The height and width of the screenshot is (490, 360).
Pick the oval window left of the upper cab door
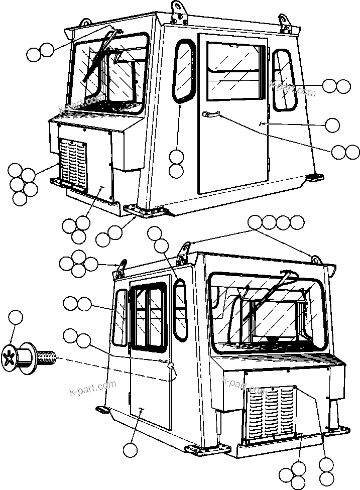point(184,70)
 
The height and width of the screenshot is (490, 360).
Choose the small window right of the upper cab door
point(284,80)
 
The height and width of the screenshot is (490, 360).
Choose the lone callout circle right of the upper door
point(332,124)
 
